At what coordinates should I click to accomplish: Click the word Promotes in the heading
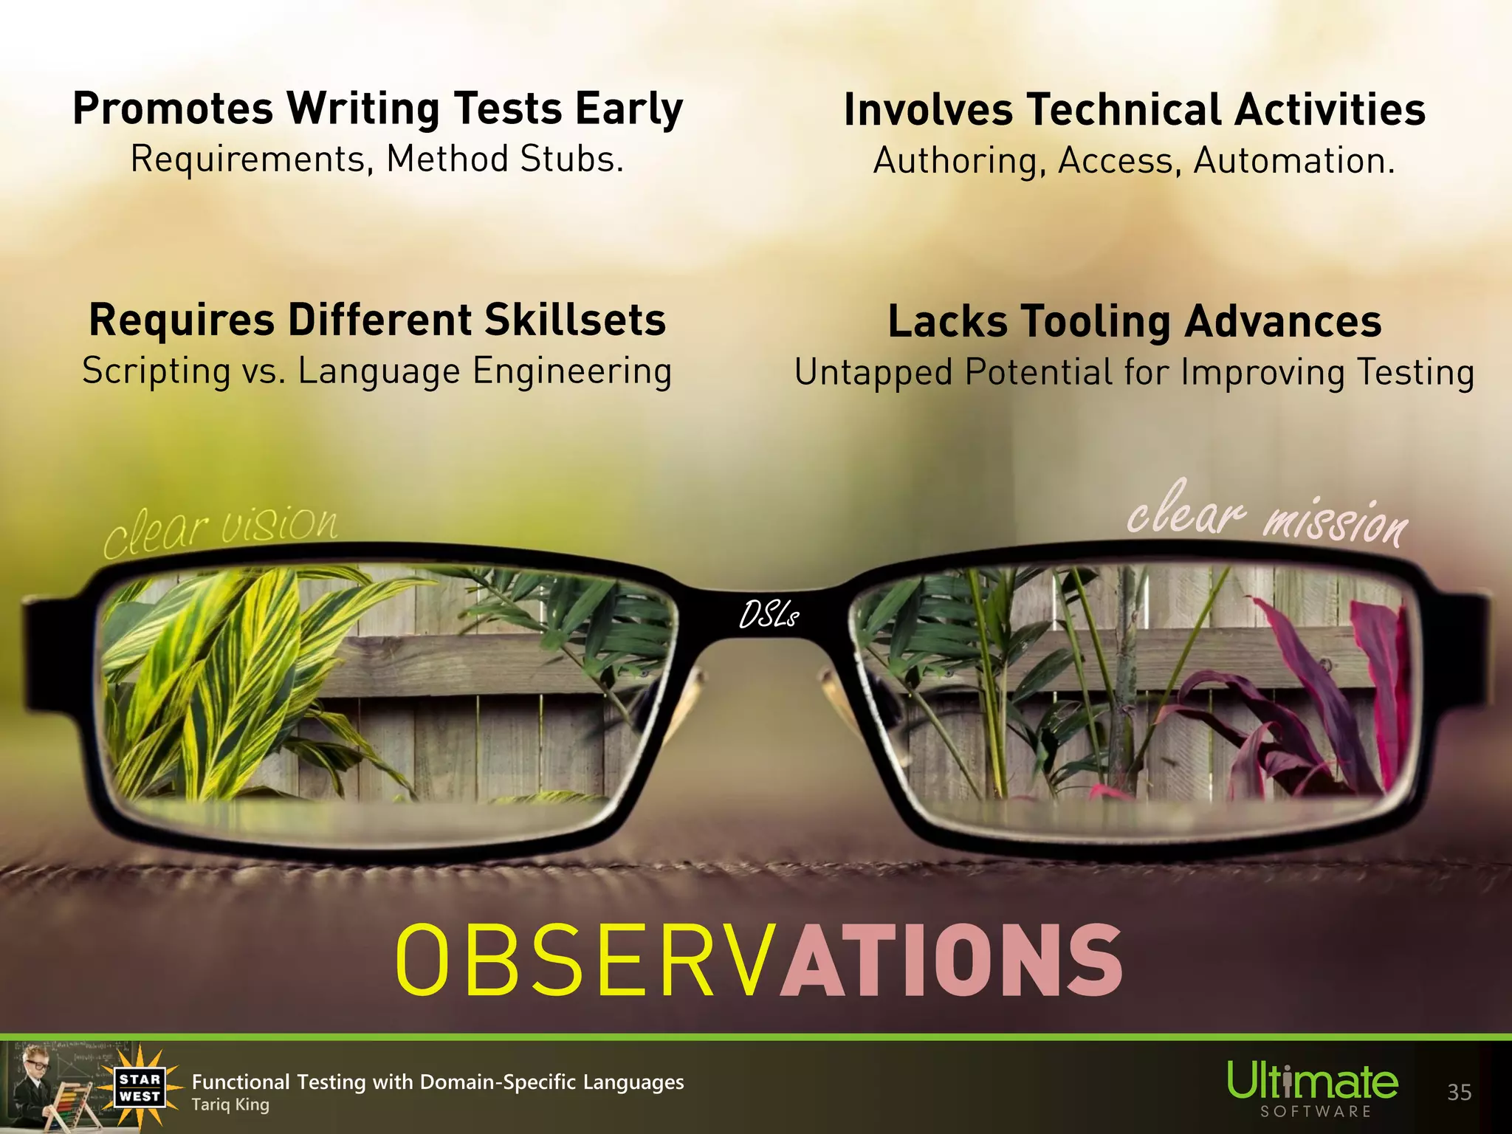173,109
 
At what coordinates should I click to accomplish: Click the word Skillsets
575,320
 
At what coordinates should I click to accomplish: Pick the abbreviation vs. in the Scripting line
264,371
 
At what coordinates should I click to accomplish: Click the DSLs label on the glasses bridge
769,615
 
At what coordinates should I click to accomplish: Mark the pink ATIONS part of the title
952,960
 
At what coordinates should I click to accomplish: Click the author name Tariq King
230,1105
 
